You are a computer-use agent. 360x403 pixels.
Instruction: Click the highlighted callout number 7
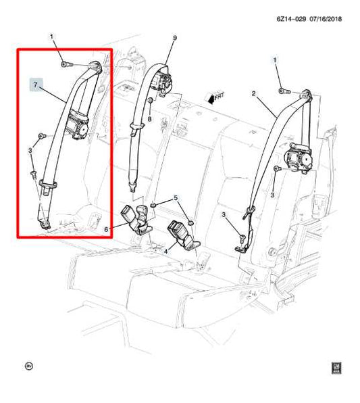36,85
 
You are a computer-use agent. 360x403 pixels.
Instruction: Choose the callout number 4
106,230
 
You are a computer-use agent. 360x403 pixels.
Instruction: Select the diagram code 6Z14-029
291,19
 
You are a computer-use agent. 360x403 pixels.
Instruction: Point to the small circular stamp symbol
28,366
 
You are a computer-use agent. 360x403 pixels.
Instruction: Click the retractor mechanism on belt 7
79,126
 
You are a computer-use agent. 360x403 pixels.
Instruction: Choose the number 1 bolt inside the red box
63,64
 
